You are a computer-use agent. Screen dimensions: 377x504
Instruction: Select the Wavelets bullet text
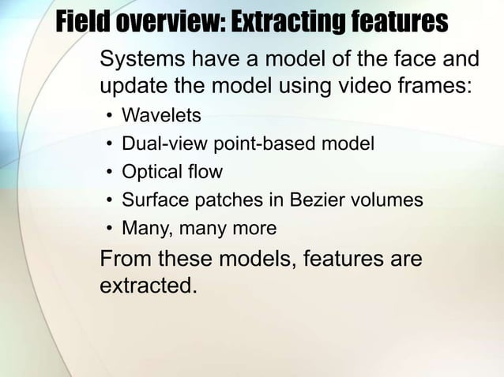pyautogui.click(x=161, y=116)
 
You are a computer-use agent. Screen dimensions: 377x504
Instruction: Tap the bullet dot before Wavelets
pyautogui.click(x=109, y=117)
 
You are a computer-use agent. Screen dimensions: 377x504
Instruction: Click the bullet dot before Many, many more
pyautogui.click(x=109, y=230)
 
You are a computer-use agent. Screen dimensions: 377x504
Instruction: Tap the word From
pyautogui.click(x=126, y=259)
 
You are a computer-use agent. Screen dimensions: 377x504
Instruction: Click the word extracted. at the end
pyautogui.click(x=148, y=285)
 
